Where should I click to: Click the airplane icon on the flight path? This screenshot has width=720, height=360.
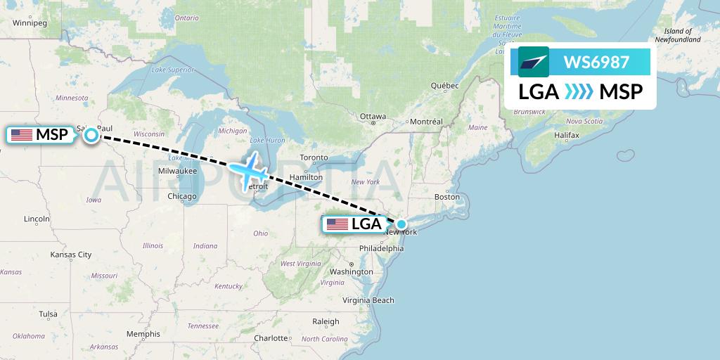249,170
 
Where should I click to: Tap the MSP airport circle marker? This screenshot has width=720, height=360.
91,136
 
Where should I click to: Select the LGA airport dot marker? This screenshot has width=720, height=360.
401,224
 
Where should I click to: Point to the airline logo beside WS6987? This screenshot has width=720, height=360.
534,63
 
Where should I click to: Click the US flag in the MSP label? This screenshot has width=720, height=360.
22,135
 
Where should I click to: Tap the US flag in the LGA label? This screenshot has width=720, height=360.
337,224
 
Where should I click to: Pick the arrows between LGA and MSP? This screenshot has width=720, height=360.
579,92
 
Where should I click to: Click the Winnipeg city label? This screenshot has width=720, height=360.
30,23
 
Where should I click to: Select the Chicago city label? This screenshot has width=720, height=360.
181,196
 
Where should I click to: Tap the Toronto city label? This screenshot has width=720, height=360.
314,157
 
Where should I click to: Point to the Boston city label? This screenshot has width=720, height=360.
446,197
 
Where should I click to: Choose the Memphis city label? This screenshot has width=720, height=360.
143,334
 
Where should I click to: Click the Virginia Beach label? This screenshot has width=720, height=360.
369,300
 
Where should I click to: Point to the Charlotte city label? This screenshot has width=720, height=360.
271,337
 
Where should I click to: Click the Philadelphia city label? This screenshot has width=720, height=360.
380,247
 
